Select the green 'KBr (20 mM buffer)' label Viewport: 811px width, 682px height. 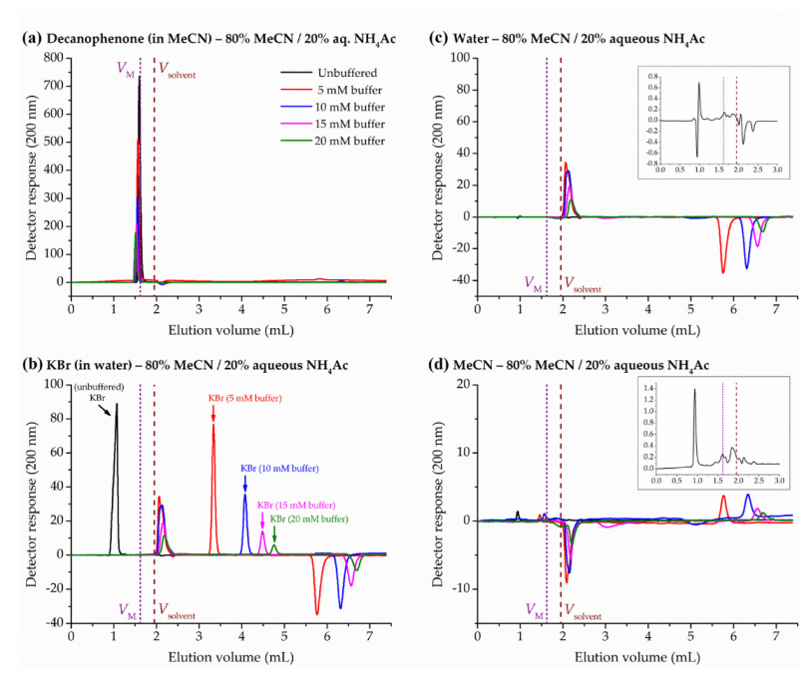tap(309, 519)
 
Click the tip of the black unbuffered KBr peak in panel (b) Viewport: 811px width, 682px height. tap(117, 404)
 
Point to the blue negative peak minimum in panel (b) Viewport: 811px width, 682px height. tap(340, 607)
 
